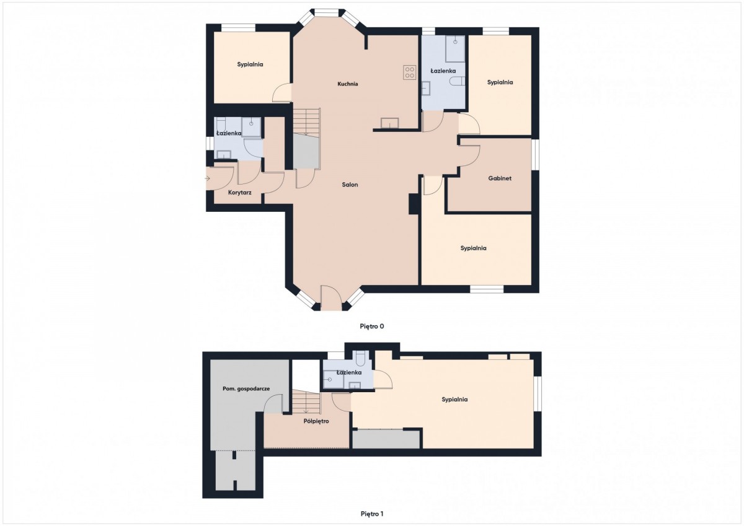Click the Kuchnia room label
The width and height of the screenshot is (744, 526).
pyautogui.click(x=348, y=84)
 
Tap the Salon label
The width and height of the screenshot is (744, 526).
pyautogui.click(x=350, y=185)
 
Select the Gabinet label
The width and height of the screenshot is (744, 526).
pyautogui.click(x=500, y=178)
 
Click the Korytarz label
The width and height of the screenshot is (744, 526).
pyautogui.click(x=239, y=193)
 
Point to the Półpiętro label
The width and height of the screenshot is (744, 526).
pyautogui.click(x=316, y=421)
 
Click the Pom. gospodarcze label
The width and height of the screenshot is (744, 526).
pyautogui.click(x=246, y=388)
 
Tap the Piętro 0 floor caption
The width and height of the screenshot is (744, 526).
pyautogui.click(x=372, y=327)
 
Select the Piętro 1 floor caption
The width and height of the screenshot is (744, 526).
pyautogui.click(x=372, y=514)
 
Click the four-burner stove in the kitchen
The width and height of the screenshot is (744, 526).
pyautogui.click(x=410, y=72)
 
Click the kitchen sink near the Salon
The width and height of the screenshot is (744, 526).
pyautogui.click(x=389, y=123)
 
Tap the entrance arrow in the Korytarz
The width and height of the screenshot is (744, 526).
pyautogui.click(x=208, y=178)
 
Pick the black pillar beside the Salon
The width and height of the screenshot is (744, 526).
pyautogui.click(x=413, y=204)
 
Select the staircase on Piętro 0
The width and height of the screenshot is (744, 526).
pyautogui.click(x=306, y=121)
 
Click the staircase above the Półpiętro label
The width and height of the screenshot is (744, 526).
pyautogui.click(x=306, y=402)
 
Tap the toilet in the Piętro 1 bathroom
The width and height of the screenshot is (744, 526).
pyautogui.click(x=360, y=359)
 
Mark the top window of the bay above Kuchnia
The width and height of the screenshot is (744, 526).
pyautogui.click(x=327, y=12)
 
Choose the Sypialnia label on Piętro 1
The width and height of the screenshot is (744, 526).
pyautogui.click(x=454, y=400)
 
